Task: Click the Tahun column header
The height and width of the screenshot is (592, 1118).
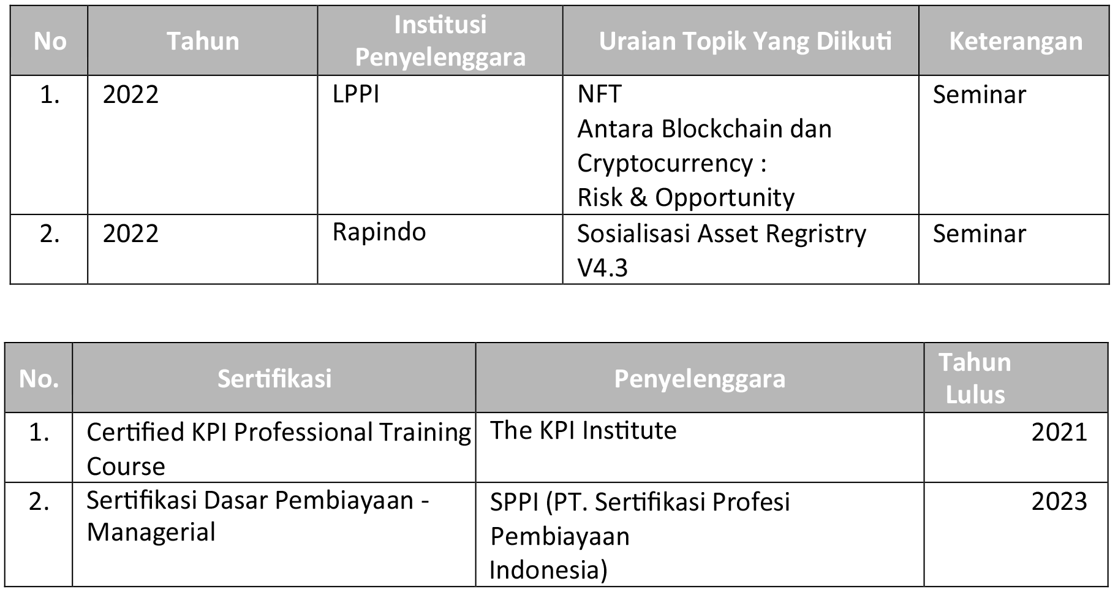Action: (203, 41)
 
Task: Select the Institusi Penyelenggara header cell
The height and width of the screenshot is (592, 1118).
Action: (440, 41)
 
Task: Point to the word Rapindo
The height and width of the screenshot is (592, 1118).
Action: (379, 232)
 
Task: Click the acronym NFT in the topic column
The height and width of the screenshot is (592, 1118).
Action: (599, 94)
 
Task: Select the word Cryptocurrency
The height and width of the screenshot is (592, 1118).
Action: (665, 164)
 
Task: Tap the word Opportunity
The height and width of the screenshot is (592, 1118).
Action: (725, 198)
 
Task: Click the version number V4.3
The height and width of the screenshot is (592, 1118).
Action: (603, 268)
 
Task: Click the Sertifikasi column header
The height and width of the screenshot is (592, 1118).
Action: (274, 378)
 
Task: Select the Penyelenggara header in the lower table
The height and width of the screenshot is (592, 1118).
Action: (700, 379)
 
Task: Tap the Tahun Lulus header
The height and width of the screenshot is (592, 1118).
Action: (975, 378)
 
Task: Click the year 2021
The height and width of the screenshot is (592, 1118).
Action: (1059, 432)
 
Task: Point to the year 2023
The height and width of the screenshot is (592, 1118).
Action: (1059, 501)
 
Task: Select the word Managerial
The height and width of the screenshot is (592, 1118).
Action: (151, 532)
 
